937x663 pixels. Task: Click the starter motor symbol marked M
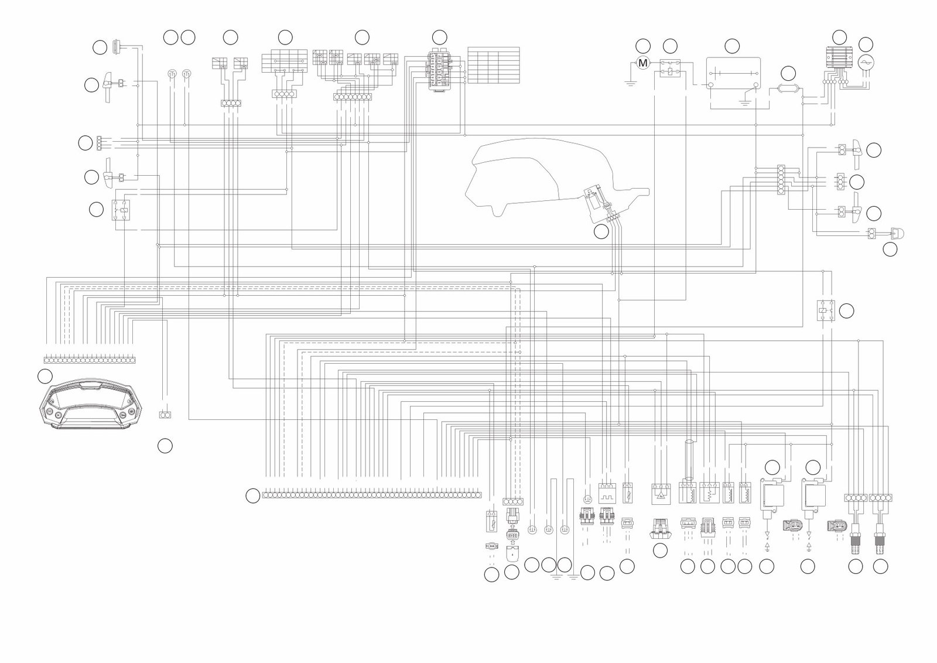[x=643, y=63]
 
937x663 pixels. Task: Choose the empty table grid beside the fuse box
[x=494, y=65]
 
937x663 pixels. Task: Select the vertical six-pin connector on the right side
[x=781, y=180]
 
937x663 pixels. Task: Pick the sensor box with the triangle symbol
[x=660, y=493]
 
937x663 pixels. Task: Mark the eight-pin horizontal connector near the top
[x=353, y=97]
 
